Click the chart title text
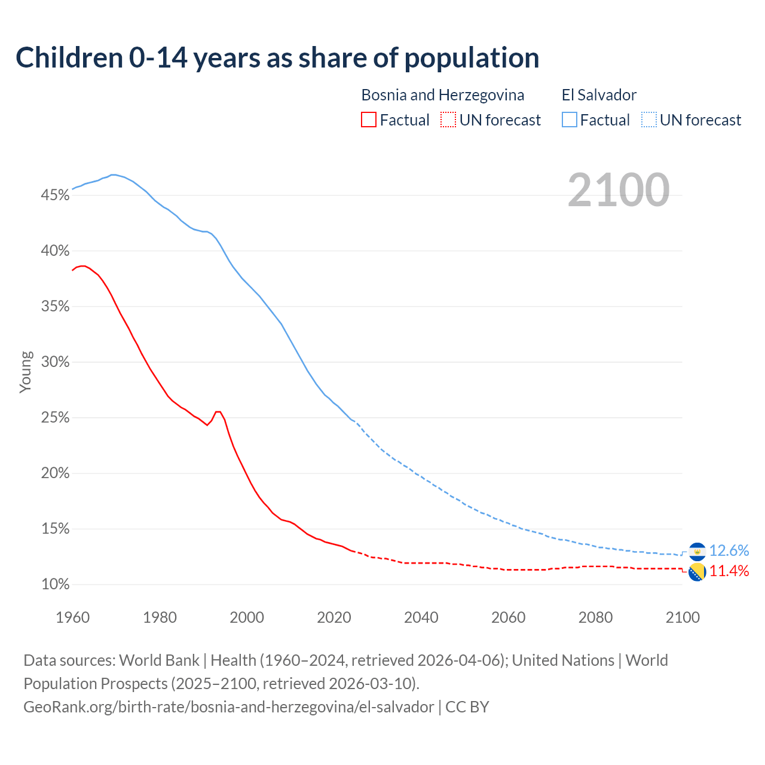click(x=277, y=58)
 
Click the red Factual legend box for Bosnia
click(x=369, y=120)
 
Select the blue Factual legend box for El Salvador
click(x=570, y=120)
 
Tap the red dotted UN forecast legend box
click(x=448, y=120)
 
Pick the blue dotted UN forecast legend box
click(x=649, y=120)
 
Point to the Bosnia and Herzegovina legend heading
click(x=442, y=95)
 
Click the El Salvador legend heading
click(x=599, y=95)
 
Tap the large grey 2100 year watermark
click(x=619, y=190)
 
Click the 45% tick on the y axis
click(x=55, y=195)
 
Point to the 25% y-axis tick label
click(x=55, y=418)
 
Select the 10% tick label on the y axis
click(x=55, y=585)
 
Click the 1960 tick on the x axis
click(x=72, y=617)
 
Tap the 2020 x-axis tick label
click(x=334, y=617)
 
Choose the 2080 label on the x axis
click(x=595, y=617)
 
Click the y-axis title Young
click(x=26, y=372)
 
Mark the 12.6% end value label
click(x=729, y=550)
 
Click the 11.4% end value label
click(x=729, y=571)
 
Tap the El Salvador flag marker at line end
click(x=697, y=551)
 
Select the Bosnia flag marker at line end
click(x=697, y=572)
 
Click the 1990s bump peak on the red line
click(x=218, y=412)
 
